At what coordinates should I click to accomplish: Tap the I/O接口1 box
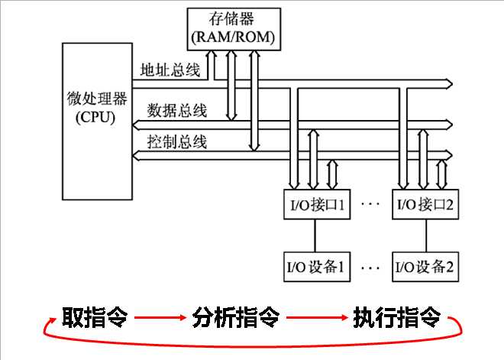(316, 205)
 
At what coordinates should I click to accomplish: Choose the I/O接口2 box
(425, 205)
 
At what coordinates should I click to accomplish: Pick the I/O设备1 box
(316, 267)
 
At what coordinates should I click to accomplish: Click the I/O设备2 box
(425, 267)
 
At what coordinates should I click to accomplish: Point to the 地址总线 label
(170, 71)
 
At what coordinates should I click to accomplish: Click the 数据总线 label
(176, 110)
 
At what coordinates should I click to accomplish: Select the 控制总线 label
(176, 142)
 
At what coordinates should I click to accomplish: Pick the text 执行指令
(396, 316)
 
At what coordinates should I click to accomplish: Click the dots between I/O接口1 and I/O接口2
(370, 205)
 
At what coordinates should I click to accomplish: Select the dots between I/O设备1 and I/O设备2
(370, 268)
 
